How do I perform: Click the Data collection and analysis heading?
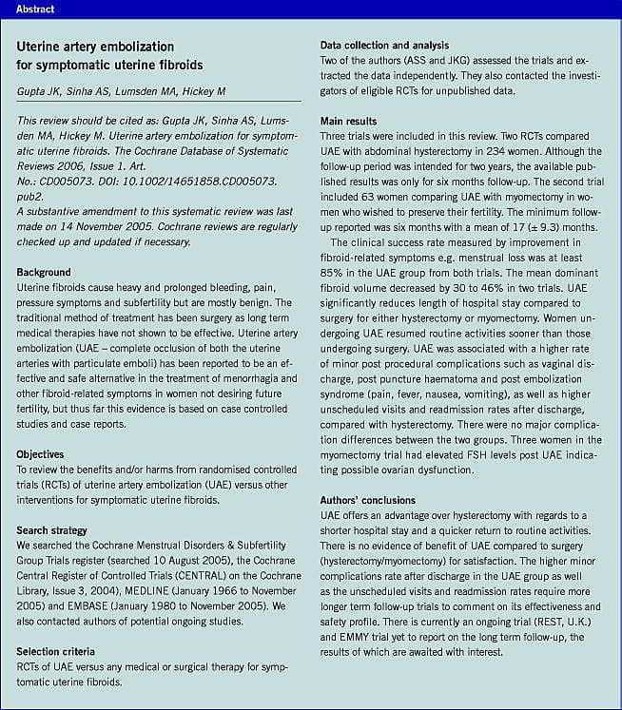pos(383,45)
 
